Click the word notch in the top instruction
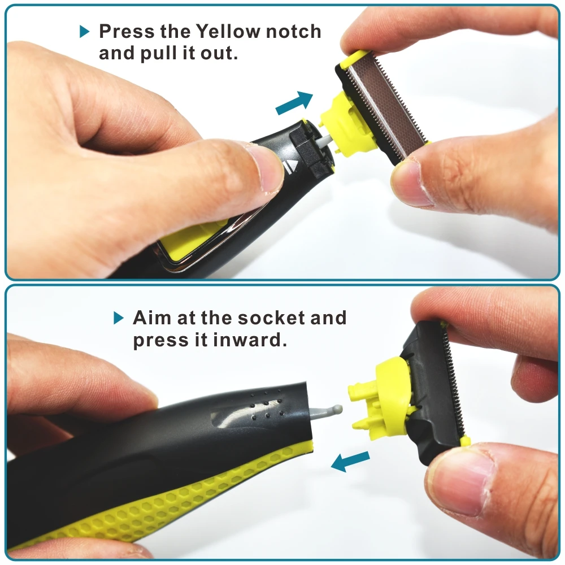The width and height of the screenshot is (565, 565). (x=293, y=31)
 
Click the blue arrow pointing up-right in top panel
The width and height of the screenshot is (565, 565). (x=294, y=103)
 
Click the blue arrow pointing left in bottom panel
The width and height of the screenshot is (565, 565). (x=350, y=461)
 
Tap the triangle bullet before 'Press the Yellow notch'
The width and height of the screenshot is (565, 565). (x=84, y=31)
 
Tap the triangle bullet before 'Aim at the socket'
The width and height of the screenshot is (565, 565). (x=119, y=318)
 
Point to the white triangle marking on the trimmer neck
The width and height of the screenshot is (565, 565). (x=292, y=167)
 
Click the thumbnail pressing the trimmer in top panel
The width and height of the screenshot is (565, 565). (x=266, y=169)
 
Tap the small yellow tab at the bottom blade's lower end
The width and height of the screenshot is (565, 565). (x=465, y=441)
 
